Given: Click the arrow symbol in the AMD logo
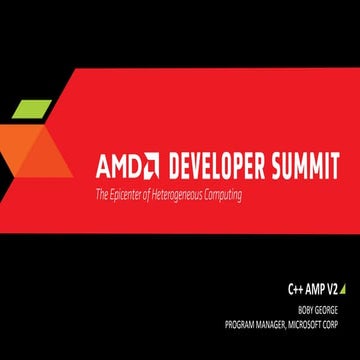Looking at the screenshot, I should tap(150, 163).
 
